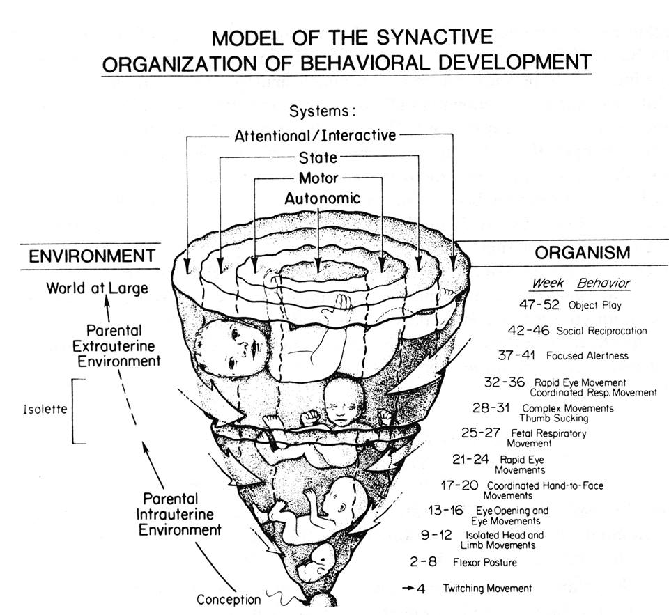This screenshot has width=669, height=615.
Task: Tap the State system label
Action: click(318, 157)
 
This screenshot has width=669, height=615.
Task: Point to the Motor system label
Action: click(318, 178)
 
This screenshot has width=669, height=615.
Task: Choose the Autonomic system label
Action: click(322, 198)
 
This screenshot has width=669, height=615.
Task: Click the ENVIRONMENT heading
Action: click(91, 256)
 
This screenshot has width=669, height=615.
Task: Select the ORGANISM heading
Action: click(583, 252)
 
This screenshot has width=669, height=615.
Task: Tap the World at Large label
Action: click(98, 287)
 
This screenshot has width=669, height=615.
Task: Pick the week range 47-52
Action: click(539, 304)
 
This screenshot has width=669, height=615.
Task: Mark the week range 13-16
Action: click(446, 511)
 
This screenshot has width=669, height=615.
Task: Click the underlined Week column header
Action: click(548, 283)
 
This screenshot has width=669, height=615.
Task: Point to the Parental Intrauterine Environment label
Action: click(182, 514)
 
